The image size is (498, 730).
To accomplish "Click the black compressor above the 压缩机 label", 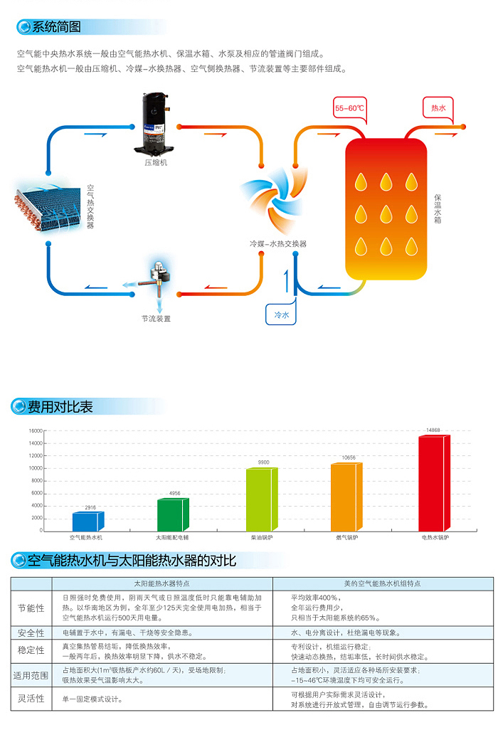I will pos(154,123).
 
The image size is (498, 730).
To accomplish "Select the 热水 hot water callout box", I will pos(438,108).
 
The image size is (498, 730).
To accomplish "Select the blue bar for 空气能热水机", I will pos(88,521).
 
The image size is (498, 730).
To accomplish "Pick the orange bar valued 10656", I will pos(346,496).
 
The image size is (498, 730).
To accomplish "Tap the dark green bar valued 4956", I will pos(173,514).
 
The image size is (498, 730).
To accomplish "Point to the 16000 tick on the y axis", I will pos(36,430).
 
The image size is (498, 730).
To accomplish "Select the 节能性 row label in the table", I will pos(31,608).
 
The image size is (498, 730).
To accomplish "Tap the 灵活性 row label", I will pos(31,698).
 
